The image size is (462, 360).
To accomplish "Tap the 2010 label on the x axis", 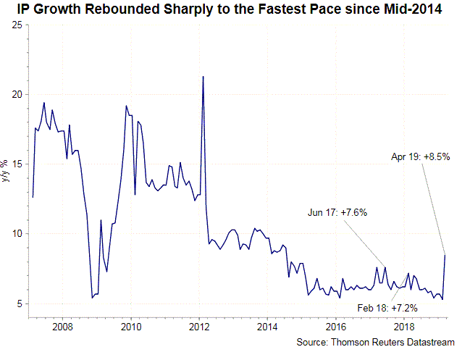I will point(131,327).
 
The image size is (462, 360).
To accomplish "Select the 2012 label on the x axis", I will point(199,327).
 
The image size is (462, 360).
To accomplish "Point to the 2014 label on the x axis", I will point(267,327).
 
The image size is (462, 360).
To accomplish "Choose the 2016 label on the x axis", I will point(336,327).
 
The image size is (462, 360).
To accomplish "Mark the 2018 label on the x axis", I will point(404,327).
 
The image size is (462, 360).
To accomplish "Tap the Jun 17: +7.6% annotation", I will point(337,212).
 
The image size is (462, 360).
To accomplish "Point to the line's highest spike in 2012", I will point(203,76).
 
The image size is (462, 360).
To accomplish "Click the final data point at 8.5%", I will point(445,255).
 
